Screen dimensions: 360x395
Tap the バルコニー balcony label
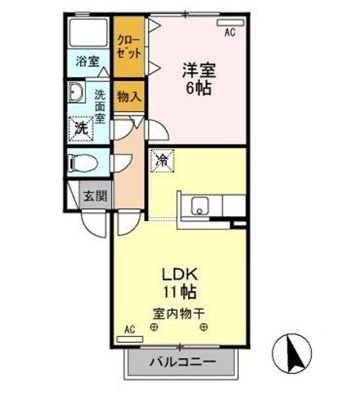coord(183,362)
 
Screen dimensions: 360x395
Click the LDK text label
coord(179,274)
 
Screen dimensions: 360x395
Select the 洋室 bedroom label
coord(199,70)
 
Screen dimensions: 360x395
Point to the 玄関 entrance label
coord(95,195)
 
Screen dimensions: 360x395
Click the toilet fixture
coord(83,162)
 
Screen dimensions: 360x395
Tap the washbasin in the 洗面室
coord(75,92)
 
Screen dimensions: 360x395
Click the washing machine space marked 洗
coord(81,129)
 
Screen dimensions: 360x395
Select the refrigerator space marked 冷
coord(162,160)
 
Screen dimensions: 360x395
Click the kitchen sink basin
coord(200,206)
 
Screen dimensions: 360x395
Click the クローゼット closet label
coord(129,47)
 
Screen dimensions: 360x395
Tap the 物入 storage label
coord(129,97)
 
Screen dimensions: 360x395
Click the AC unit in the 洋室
coord(230,22)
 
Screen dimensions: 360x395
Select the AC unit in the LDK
coord(130,339)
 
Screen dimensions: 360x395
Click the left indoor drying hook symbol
coord(154,327)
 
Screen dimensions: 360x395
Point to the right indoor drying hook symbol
coord(204,327)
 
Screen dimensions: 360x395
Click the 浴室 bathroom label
coord(88,61)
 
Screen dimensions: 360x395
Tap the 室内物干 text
coord(178,314)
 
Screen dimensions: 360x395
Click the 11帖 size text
coord(180,292)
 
